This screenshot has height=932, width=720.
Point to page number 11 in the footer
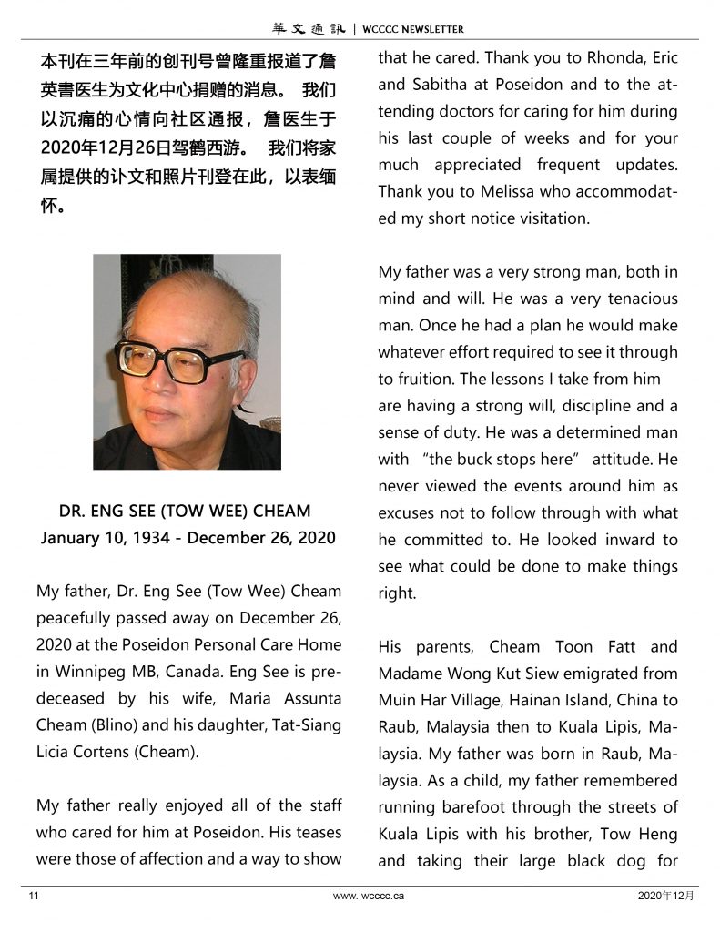point(34,896)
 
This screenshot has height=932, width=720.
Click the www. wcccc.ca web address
point(369,896)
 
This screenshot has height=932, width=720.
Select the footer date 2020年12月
point(666,896)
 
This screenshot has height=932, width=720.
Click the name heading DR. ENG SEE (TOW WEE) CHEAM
point(185,511)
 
